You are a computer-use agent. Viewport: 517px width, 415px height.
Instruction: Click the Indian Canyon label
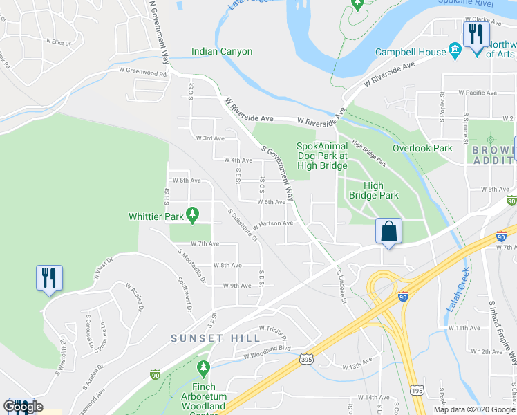coord(222,52)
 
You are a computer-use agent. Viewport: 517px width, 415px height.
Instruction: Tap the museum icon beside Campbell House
coord(455,51)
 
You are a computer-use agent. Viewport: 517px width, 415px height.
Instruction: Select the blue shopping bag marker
coord(389,231)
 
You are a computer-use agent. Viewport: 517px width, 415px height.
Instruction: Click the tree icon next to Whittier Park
coord(195,216)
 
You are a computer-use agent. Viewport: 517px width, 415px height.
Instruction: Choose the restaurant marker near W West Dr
coord(49,277)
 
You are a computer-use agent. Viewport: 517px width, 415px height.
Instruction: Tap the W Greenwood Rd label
coord(143,71)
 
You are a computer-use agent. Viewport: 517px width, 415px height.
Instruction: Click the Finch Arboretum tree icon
coord(203,366)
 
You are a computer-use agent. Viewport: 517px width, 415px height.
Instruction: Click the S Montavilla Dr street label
coord(192,266)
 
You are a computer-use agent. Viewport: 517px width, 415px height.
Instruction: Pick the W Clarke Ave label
coord(482,20)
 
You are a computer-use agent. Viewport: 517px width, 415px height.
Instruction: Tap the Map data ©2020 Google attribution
coord(473,409)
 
